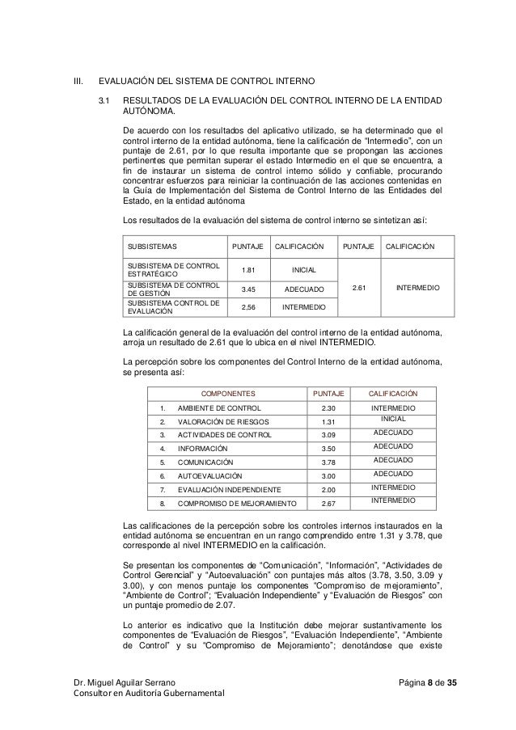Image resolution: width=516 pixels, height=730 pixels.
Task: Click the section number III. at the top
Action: [x=78, y=82]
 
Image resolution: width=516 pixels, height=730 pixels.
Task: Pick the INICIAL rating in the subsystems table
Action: [x=304, y=270]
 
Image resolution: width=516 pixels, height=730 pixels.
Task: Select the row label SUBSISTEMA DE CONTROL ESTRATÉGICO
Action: [x=169, y=270]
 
